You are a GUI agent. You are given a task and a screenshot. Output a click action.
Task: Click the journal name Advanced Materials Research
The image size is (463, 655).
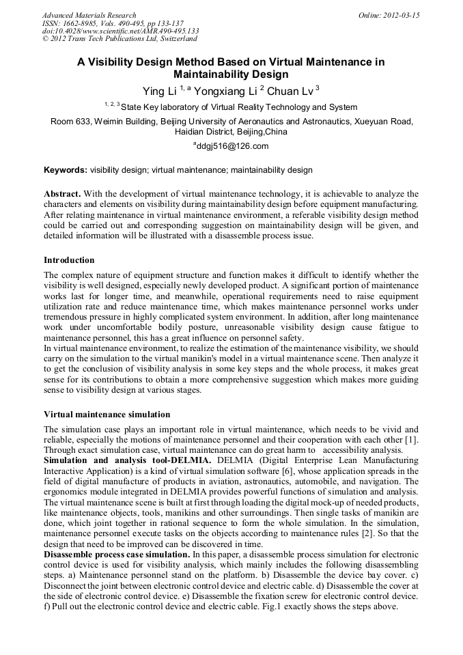tap(89, 15)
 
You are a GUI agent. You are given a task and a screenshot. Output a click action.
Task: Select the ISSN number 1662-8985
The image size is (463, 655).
tap(87, 23)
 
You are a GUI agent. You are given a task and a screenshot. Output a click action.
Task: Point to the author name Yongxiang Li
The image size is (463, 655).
tap(222, 91)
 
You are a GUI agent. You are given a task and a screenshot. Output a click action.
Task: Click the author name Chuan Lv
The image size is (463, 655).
tap(290, 91)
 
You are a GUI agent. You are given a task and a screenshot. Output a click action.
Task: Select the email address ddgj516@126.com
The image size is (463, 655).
tap(233, 145)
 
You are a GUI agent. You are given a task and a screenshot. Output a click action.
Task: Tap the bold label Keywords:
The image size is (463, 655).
tap(66, 170)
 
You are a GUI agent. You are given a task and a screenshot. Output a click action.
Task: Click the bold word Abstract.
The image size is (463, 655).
tap(62, 194)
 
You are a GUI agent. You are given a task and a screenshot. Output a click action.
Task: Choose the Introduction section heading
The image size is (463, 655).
tap(69, 260)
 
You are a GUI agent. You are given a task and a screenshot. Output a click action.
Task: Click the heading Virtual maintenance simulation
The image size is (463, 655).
tap(107, 415)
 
